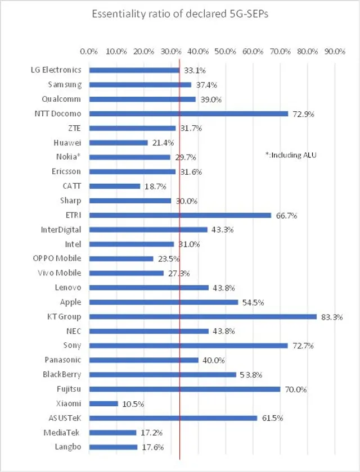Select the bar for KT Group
202,316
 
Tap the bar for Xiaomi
103,403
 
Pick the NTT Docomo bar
188,114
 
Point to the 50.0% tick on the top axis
226,51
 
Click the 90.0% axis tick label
335,51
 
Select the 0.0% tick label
89,51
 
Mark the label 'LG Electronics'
56,70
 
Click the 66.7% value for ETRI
286,215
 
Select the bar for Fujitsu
184,389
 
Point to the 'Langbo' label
67,447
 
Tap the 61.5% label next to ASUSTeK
272,418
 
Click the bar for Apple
164,302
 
